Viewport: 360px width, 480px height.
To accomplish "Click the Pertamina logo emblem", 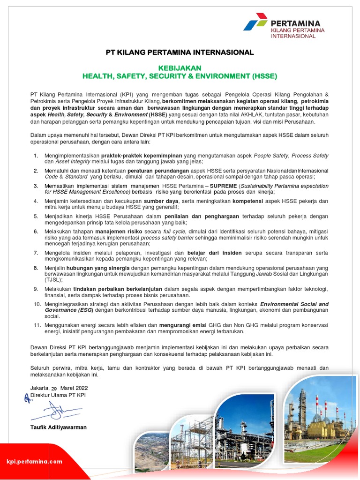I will [x=255, y=22].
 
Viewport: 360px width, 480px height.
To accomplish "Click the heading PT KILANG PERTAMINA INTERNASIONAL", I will [x=180, y=52].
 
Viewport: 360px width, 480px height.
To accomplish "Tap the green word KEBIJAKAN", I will [x=180, y=67].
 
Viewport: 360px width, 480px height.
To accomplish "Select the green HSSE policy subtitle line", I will [x=180, y=75].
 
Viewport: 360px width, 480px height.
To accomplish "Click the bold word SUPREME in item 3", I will [x=223, y=186].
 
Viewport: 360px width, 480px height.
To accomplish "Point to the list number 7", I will [x=36, y=253].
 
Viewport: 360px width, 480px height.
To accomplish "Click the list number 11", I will [x=37, y=324].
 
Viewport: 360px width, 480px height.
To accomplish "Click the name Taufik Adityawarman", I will [x=59, y=427].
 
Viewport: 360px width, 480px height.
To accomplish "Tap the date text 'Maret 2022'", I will [x=74, y=388].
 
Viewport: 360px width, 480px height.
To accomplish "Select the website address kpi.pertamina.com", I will [x=34, y=461].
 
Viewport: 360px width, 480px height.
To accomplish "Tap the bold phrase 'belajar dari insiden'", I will [x=214, y=253].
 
